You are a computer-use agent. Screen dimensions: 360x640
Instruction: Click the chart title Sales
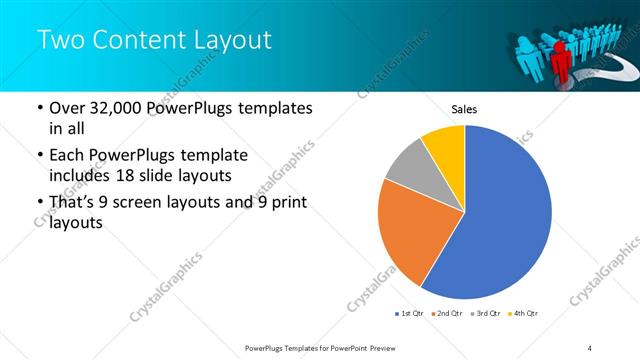[x=464, y=108]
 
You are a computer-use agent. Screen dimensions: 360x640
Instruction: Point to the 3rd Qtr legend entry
[x=485, y=314]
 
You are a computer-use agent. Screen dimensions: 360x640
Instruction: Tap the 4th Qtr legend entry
[x=523, y=314]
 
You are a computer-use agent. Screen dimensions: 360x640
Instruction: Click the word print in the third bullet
[x=286, y=204]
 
